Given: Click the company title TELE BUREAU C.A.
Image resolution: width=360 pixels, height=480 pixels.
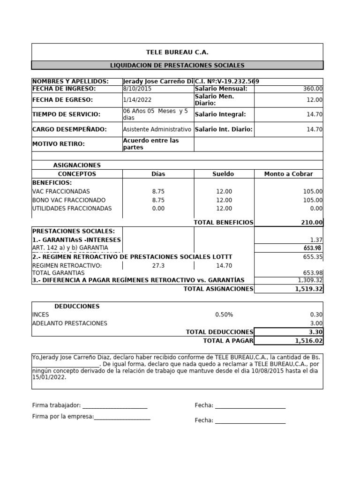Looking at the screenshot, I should point(177,52).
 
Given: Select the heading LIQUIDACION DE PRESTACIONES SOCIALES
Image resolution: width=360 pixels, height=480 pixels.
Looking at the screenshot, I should point(177,66).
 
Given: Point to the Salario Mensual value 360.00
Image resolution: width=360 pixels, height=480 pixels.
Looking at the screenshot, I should point(313,89).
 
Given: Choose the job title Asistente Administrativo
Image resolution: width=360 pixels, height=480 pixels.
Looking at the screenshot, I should point(157,129).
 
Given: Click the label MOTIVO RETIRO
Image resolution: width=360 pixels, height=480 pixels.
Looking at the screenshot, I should point(59,144).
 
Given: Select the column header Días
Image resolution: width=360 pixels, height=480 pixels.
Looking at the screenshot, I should point(158,174).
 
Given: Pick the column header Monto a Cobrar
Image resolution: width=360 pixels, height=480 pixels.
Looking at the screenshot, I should point(288,174).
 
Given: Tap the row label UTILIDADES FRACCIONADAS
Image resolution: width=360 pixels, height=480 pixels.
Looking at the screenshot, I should point(72,209).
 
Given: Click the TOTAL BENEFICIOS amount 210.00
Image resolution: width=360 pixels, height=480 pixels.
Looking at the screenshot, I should point(312,223).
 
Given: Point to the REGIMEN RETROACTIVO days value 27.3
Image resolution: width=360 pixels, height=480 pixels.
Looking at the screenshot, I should point(158,266).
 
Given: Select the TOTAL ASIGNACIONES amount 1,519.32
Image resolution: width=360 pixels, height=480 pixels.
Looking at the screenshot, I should point(308,289).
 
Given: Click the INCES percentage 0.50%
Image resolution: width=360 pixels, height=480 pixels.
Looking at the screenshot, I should point(224,315).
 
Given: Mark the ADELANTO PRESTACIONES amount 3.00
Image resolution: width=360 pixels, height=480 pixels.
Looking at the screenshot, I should point(316,323).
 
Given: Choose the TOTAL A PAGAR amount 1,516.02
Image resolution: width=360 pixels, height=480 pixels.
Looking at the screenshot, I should point(308,341).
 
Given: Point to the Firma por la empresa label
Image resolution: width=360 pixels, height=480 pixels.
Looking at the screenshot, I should point(62,417).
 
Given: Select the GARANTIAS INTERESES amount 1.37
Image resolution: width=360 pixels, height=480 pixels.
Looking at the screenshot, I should point(316,240).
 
